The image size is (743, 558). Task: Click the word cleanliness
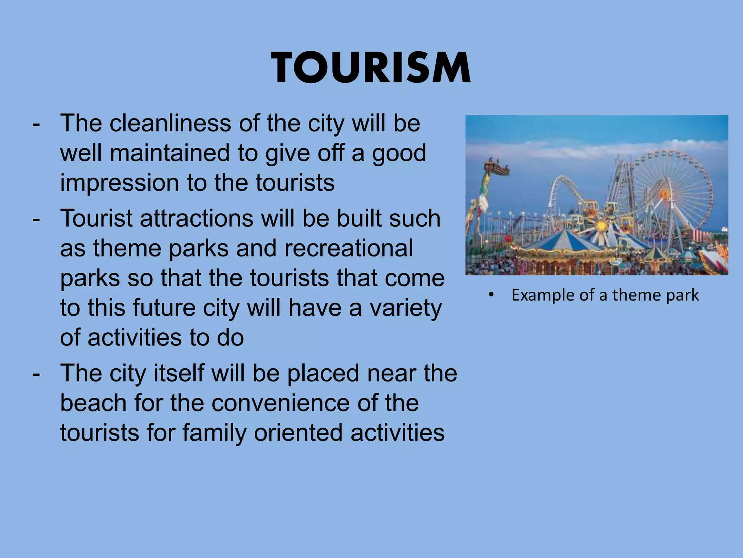coord(170,123)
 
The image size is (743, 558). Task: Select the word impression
coord(119,183)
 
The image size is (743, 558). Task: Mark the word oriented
coord(298,433)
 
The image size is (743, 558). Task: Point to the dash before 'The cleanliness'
coord(36,124)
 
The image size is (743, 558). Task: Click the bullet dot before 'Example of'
coord(491,295)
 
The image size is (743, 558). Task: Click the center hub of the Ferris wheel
coord(665,194)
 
